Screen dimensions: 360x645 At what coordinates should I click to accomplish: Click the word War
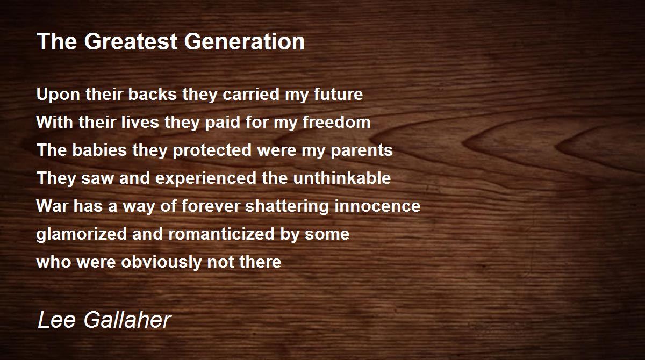(50, 206)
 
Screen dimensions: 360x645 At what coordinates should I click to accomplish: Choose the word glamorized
(75, 234)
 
